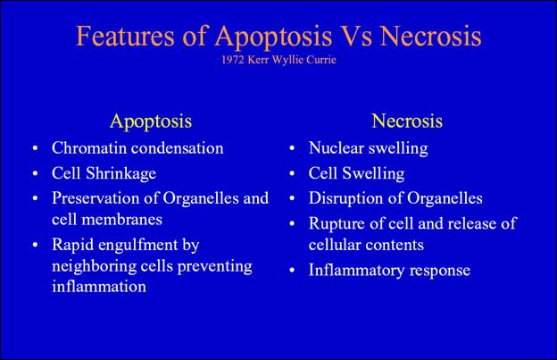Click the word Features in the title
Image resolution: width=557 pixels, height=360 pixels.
[x=125, y=36]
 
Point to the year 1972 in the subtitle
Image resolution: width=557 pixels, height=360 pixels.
[x=233, y=59]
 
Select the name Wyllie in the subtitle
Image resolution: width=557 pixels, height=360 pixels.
[x=287, y=60]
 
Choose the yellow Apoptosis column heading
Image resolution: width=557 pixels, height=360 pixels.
[x=151, y=121]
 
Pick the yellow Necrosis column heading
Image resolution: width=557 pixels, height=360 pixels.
[x=407, y=121]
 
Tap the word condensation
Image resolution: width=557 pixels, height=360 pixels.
[x=178, y=148]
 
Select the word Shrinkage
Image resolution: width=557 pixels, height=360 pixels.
[x=121, y=174]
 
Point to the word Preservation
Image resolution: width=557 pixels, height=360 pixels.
[x=96, y=198]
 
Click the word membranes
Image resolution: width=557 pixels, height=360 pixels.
[x=121, y=219]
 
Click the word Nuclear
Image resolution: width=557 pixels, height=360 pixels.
[x=337, y=147]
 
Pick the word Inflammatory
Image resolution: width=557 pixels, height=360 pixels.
[x=356, y=271]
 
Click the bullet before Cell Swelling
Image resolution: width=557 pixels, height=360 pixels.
[x=292, y=174]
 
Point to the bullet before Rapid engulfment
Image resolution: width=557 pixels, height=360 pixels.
[x=35, y=245]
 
